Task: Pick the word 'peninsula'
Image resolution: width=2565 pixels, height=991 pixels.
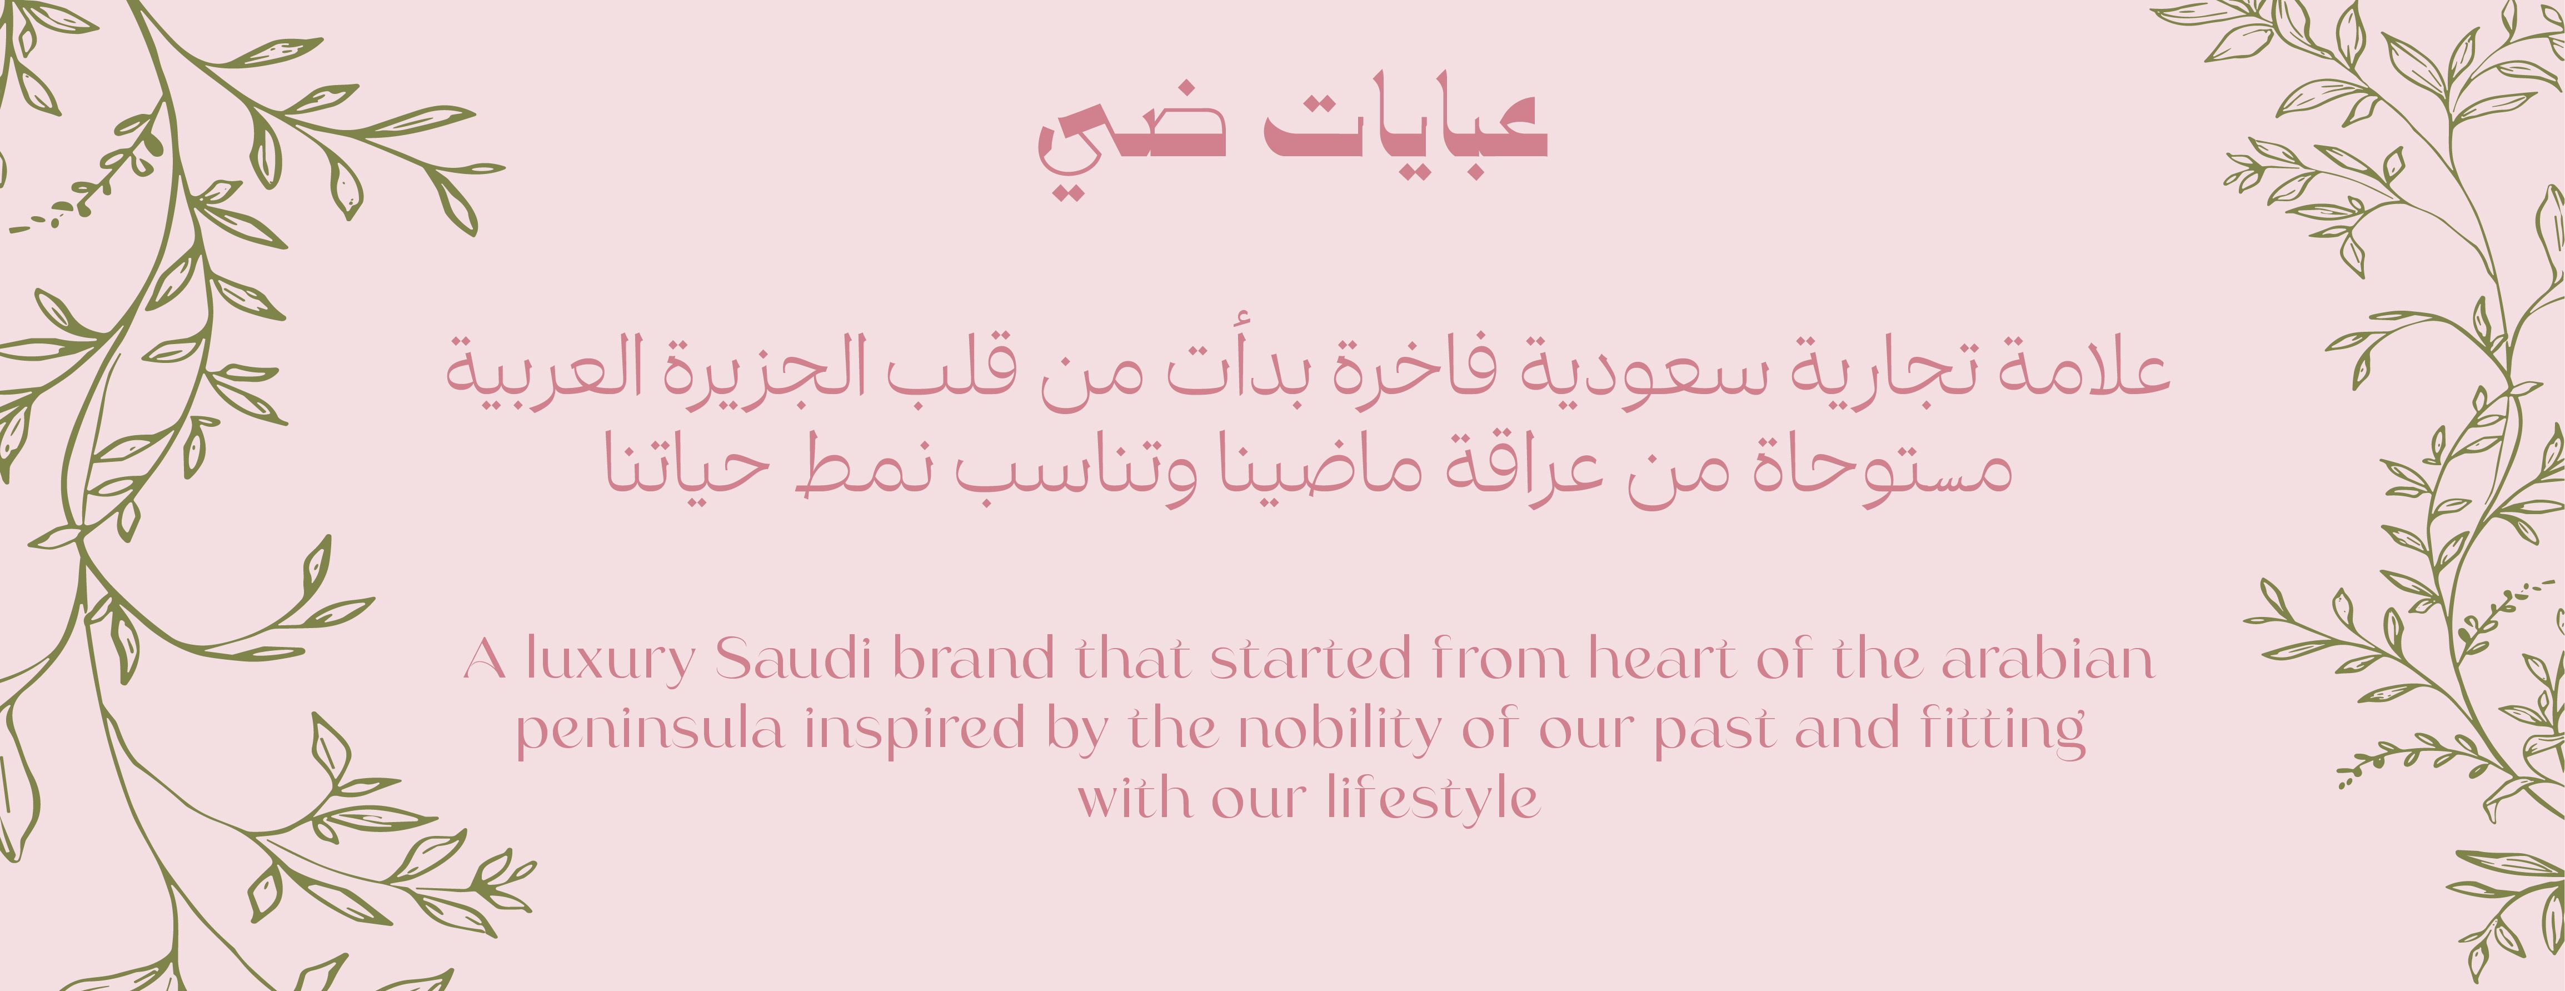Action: pos(649,731)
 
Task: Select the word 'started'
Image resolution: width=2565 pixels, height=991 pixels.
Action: pos(1310,658)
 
